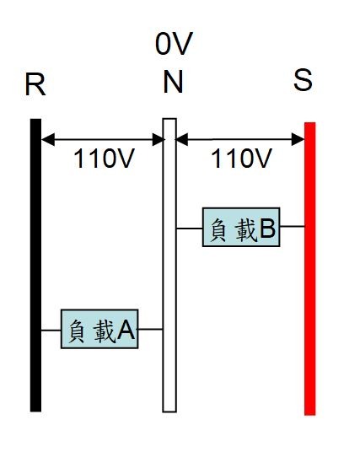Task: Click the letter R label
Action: point(35,84)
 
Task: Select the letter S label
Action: point(303,80)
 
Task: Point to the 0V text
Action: point(174,44)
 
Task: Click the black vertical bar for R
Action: point(35,265)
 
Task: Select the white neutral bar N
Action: point(169,265)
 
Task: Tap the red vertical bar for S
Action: point(310,269)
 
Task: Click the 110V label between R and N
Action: point(104,159)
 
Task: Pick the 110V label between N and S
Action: point(241,158)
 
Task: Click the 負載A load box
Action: point(99,329)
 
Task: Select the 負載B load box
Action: point(241,227)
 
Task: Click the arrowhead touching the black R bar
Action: point(48,139)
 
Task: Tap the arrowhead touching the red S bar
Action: point(298,139)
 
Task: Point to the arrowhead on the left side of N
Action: point(158,139)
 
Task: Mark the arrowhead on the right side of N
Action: point(182,139)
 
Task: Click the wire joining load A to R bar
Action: point(51,330)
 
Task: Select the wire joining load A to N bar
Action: point(150,329)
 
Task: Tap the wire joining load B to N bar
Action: point(190,229)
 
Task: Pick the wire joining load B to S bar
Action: point(292,226)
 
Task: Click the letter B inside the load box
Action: point(267,229)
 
